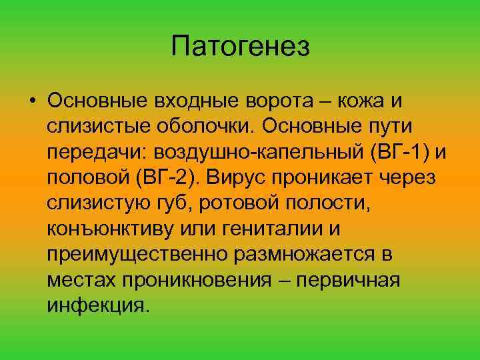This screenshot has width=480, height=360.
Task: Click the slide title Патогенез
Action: click(x=240, y=46)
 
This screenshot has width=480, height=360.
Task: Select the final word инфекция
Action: click(x=96, y=305)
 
